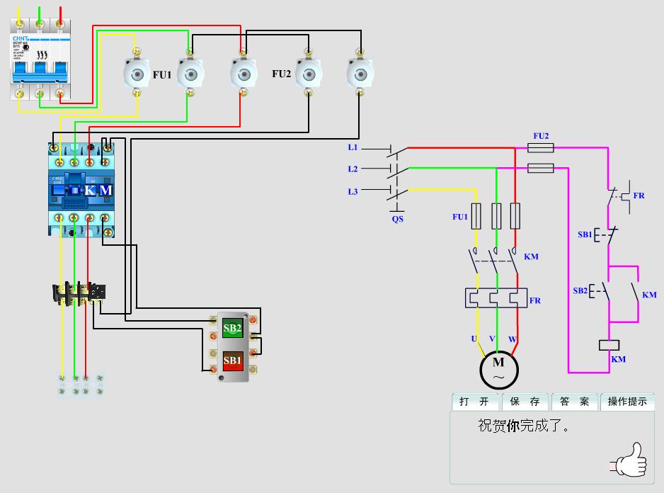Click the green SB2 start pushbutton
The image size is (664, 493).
[x=232, y=329]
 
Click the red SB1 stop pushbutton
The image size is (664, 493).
[x=232, y=361]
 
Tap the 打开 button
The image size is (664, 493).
[x=474, y=402]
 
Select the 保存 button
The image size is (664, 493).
[x=525, y=402]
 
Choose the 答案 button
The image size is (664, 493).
[x=574, y=402]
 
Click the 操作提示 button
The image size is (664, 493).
[x=627, y=402]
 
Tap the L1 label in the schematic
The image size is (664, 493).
[x=353, y=147]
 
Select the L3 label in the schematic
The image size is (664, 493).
[x=353, y=192]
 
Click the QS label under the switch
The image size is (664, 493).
[x=397, y=219]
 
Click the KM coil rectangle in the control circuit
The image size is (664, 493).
[x=609, y=345]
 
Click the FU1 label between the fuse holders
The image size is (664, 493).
[x=162, y=74]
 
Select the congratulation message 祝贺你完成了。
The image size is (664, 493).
[x=523, y=426]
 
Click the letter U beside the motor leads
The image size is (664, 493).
[x=474, y=339]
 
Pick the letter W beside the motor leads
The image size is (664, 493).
[x=513, y=339]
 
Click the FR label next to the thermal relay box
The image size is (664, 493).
[x=534, y=300]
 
